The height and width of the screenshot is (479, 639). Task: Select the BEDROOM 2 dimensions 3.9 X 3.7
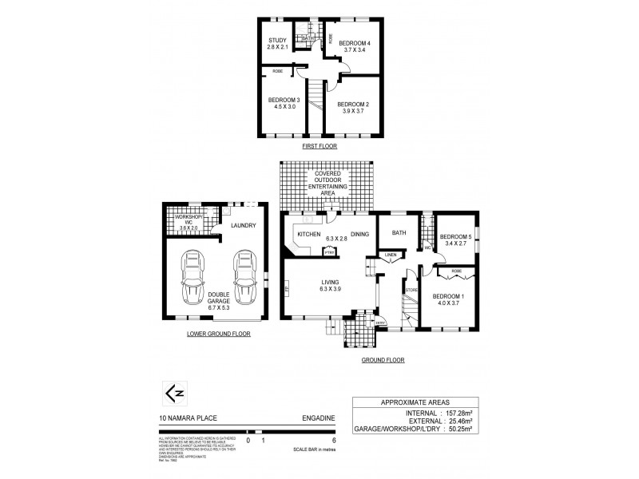[x=352, y=112]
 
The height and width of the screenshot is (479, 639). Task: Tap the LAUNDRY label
[x=243, y=226]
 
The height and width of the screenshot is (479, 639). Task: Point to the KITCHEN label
[x=308, y=234]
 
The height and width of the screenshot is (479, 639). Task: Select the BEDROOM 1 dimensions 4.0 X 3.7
[x=448, y=303]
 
